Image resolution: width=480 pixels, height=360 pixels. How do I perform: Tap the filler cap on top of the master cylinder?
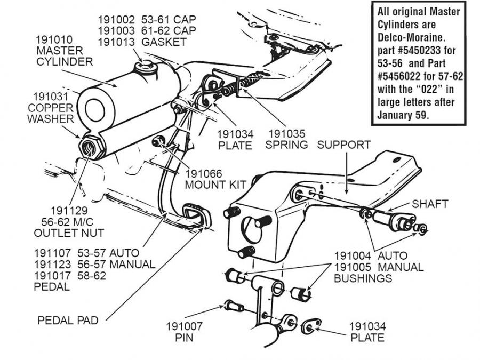pyautogui.click(x=145, y=67)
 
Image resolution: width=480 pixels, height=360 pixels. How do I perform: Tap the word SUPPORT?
pyautogui.click(x=343, y=145)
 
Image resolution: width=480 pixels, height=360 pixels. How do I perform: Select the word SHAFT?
pyautogui.click(x=430, y=204)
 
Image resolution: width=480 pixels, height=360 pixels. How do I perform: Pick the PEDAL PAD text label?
pyautogui.click(x=68, y=321)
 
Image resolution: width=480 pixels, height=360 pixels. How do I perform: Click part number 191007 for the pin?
pyautogui.click(x=185, y=326)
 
